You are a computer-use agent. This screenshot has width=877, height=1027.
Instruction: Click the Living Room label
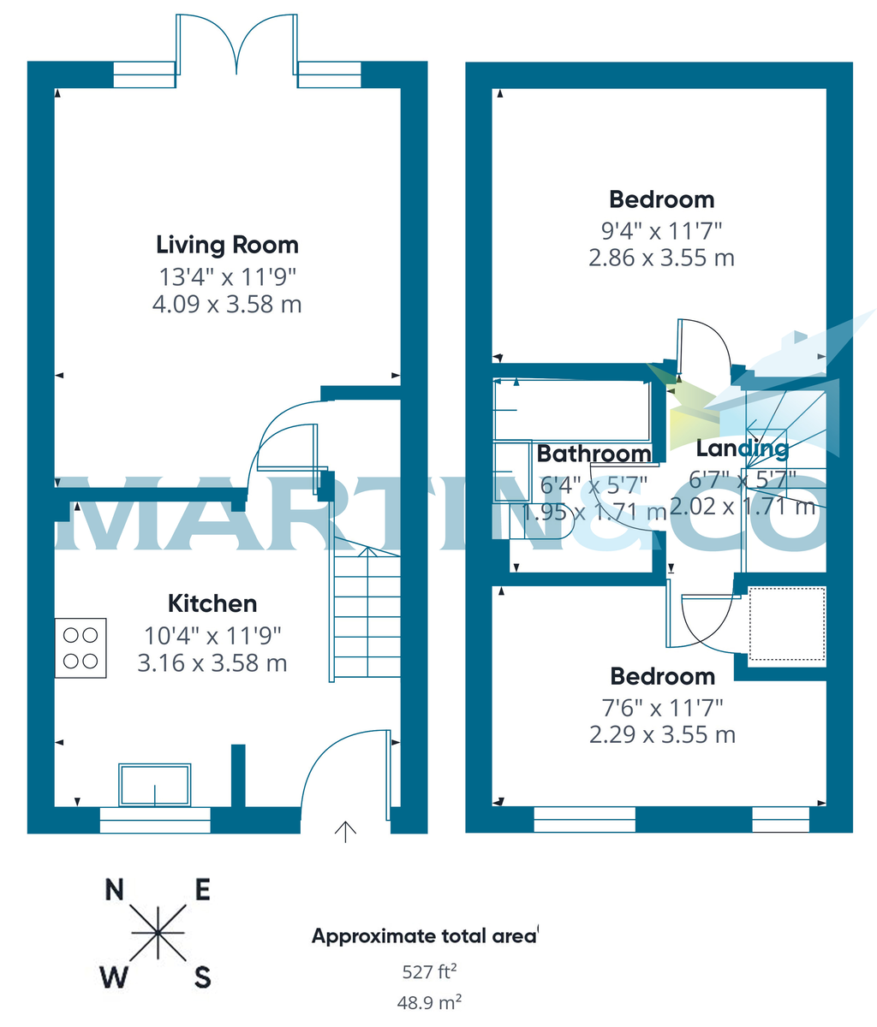point(227,245)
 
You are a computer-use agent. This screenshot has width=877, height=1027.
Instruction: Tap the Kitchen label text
point(212,603)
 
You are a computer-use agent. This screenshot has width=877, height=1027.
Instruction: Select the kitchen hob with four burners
point(81,648)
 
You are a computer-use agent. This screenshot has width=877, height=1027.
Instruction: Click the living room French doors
point(236,51)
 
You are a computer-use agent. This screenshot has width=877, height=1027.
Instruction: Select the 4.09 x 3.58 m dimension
point(227,304)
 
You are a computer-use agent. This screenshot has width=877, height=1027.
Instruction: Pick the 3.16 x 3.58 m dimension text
point(212,662)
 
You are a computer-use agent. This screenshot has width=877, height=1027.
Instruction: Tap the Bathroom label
point(594,454)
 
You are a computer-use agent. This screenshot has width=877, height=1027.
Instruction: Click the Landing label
point(742,448)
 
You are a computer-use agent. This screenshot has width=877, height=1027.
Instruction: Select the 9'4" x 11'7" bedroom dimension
point(661,230)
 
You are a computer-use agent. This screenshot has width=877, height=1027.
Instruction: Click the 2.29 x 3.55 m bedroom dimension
point(661,734)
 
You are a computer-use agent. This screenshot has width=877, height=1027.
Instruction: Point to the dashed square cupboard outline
point(787,625)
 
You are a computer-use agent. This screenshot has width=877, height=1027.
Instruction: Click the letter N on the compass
point(114,890)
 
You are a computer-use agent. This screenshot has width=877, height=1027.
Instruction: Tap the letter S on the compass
point(202,977)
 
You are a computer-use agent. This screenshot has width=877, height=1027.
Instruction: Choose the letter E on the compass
point(202,890)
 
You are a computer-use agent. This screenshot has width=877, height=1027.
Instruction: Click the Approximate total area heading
point(423,936)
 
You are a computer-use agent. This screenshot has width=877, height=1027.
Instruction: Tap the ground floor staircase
point(367,612)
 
